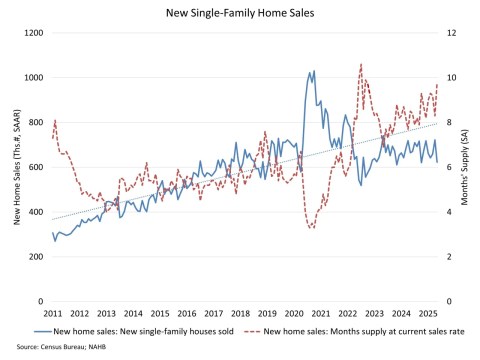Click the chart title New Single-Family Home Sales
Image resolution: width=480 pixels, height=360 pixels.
(239, 14)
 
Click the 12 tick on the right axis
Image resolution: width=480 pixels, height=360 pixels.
(450, 33)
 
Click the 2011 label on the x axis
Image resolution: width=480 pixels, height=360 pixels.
(53, 313)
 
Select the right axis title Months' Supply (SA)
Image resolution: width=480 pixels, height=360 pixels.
(466, 167)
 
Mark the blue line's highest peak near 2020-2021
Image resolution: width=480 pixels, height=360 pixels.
(312, 71)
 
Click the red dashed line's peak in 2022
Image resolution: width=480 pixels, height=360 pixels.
(360, 65)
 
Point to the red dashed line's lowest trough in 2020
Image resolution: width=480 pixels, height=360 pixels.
(311, 228)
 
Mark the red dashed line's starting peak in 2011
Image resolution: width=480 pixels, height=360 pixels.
(55, 120)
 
